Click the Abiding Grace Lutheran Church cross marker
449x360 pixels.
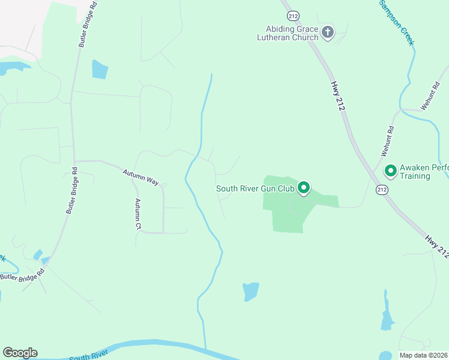point(327,32)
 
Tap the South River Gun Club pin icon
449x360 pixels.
point(304,189)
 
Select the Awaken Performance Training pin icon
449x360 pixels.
point(390,172)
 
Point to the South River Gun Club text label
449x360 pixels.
point(255,189)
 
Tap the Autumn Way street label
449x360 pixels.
point(140,176)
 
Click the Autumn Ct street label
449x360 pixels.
point(138,214)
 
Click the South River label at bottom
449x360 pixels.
point(88,356)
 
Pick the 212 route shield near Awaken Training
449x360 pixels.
point(382,190)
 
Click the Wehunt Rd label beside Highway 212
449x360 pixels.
point(390,138)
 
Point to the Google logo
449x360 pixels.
point(20,353)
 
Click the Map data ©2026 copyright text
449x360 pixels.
point(424,355)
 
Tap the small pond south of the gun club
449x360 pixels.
point(251,292)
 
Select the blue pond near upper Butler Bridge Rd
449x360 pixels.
point(100,70)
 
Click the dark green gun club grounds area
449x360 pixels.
point(288,210)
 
